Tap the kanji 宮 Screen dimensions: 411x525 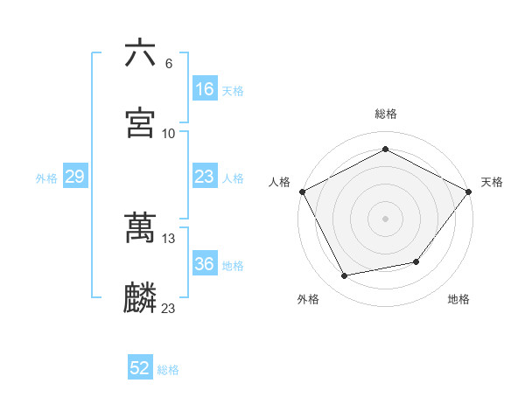(140, 123)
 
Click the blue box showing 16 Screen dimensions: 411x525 (205, 89)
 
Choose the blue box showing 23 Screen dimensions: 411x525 (205, 177)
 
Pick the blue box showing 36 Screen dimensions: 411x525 (205, 264)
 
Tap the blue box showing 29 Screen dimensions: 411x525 (74, 177)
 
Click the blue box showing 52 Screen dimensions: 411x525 (140, 368)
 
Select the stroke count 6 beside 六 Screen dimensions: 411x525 (169, 64)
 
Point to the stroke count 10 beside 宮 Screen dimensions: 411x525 (169, 134)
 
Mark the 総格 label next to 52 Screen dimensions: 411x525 (169, 370)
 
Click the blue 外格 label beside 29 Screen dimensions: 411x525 (46, 178)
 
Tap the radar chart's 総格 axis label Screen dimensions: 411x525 (385, 114)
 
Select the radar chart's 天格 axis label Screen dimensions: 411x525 (493, 182)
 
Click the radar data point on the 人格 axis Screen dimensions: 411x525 (302, 192)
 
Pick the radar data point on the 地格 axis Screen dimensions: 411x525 (416, 261)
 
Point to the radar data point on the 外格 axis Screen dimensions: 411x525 (345, 276)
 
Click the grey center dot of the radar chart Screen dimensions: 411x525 (385, 218)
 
